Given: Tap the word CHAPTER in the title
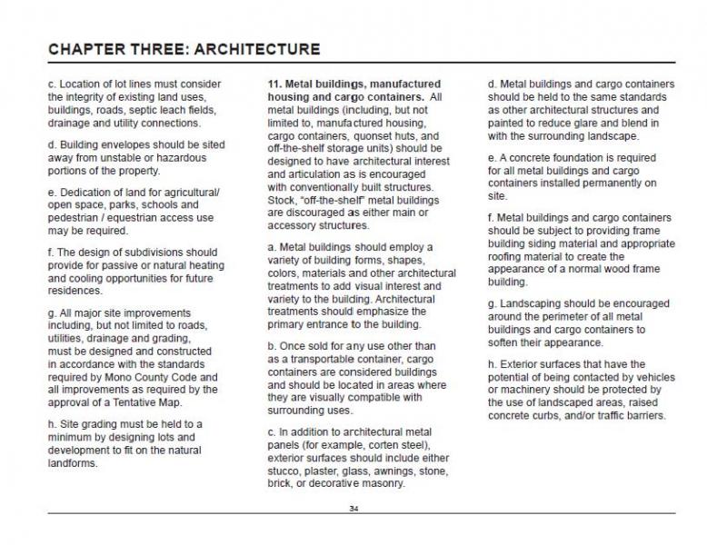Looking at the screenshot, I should tap(89, 48).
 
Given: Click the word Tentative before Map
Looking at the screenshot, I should tap(136, 401).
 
